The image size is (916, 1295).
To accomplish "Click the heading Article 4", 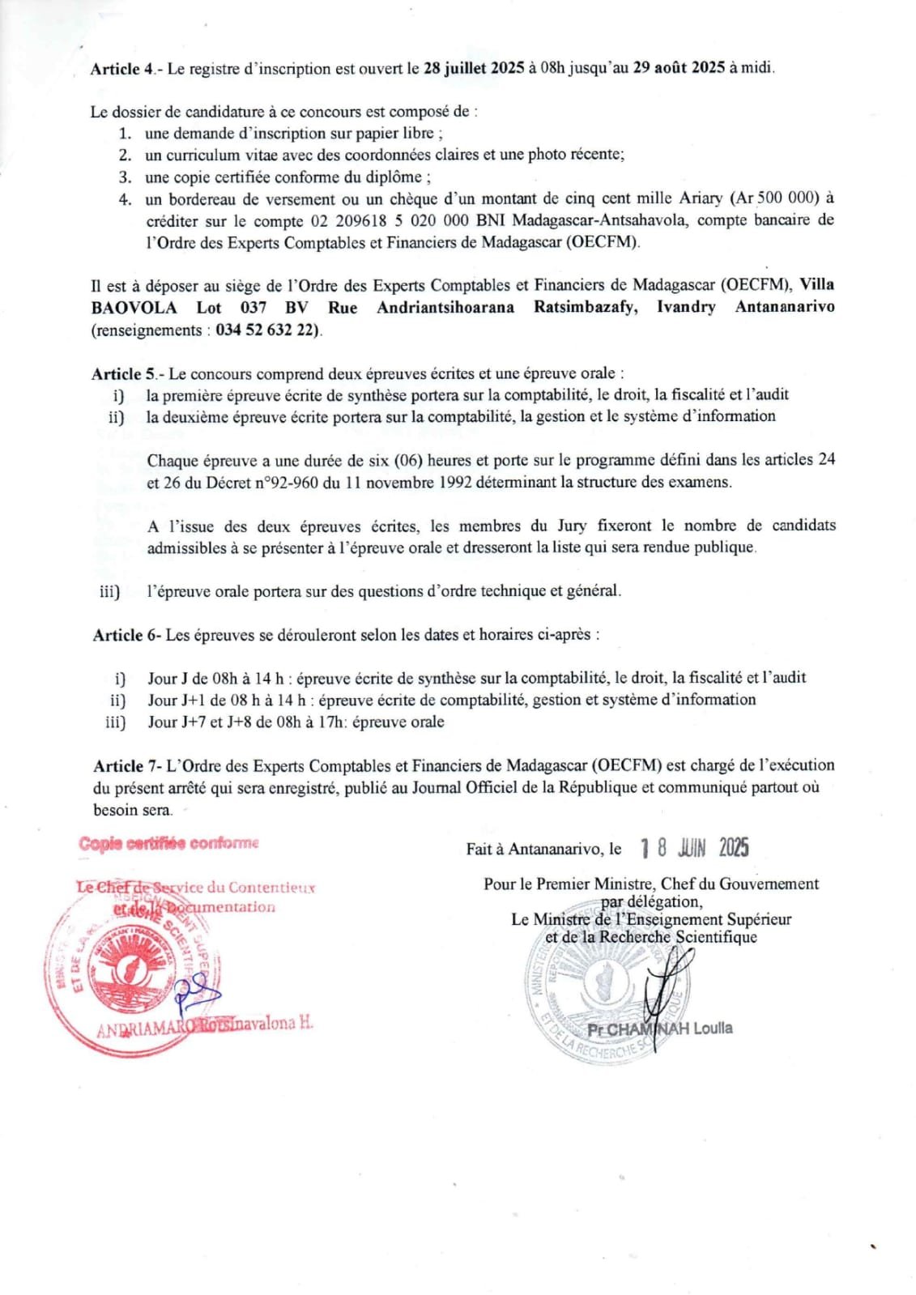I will pos(122,69).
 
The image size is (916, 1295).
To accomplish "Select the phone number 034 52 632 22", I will pos(267,330).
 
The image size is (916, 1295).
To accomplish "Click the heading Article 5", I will pos(125,374).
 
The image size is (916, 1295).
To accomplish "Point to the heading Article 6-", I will pos(126,635).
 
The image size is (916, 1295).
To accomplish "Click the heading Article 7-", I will pos(127,765).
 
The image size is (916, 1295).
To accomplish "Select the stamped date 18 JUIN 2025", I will pos(694,848).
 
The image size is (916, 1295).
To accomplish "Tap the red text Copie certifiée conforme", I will pos(169,843).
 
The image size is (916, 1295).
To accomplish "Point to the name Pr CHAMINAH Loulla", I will pos(660,1029).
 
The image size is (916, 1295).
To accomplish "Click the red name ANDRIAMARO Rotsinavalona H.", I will pos(204,1024).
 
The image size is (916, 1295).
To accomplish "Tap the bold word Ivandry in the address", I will pos(685,308).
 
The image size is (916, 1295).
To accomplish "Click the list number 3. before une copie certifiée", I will pos(126,177).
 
